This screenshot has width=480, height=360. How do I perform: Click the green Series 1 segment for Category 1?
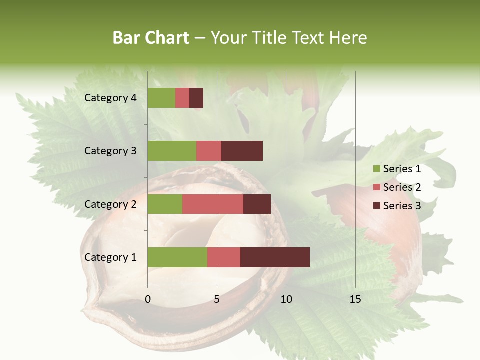click(177, 257)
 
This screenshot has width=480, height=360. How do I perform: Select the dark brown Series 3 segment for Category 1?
click(275, 257)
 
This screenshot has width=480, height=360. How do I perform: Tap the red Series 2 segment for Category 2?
click(213, 204)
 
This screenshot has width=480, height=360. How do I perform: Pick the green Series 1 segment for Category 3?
click(172, 151)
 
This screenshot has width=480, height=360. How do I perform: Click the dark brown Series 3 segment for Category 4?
click(196, 98)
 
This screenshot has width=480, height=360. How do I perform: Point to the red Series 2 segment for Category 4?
click(182, 98)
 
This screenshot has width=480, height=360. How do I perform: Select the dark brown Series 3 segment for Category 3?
click(242, 151)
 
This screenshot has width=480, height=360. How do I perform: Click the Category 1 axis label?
click(110, 257)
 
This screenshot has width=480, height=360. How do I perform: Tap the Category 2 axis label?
click(110, 204)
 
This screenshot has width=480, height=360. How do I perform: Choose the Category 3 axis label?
click(110, 151)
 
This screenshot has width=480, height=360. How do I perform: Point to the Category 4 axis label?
click(110, 98)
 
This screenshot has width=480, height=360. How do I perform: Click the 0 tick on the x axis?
click(148, 299)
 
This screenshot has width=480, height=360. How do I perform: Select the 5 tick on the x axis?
click(217, 299)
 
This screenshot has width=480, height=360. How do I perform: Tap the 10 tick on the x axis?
click(286, 299)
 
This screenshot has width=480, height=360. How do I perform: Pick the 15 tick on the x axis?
click(355, 299)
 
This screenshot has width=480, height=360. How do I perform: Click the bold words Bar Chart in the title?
click(151, 38)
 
